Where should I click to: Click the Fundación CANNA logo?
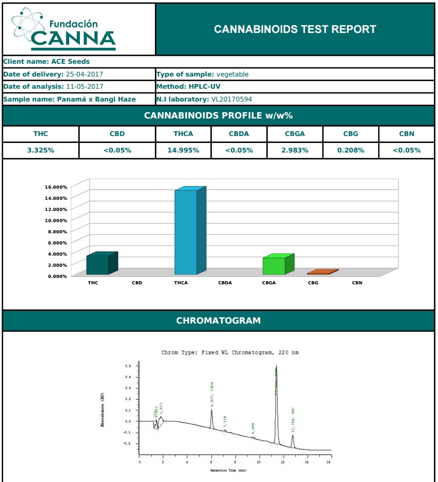(x=64, y=29)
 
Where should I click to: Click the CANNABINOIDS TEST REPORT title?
(x=295, y=29)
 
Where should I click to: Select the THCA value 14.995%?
(x=184, y=150)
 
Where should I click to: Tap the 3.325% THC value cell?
(x=41, y=150)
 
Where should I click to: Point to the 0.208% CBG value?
(x=351, y=150)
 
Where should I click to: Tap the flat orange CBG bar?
(x=321, y=272)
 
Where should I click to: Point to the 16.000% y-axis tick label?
(x=55, y=187)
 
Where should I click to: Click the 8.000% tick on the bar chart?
(x=55, y=232)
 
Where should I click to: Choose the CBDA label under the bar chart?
(x=225, y=283)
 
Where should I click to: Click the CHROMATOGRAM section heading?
(x=218, y=320)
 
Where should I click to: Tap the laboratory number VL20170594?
(x=232, y=99)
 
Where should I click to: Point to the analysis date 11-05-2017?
(x=85, y=87)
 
